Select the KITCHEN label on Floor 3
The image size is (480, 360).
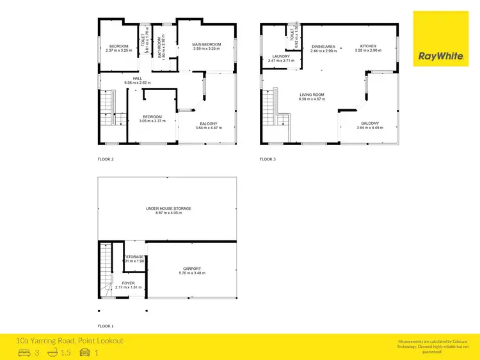pyautogui.click(x=368, y=46)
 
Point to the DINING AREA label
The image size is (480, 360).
pyautogui.click(x=323, y=47)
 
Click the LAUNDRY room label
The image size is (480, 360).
pyautogui.click(x=281, y=56)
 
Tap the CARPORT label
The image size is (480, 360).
pyautogui.click(x=192, y=269)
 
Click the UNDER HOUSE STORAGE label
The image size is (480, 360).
pyautogui.click(x=168, y=208)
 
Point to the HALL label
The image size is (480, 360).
pyautogui.click(x=120, y=79)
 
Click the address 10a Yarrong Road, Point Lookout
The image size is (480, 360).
pyautogui.click(x=70, y=341)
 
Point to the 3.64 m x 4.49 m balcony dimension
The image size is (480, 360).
pyautogui.click(x=369, y=127)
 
